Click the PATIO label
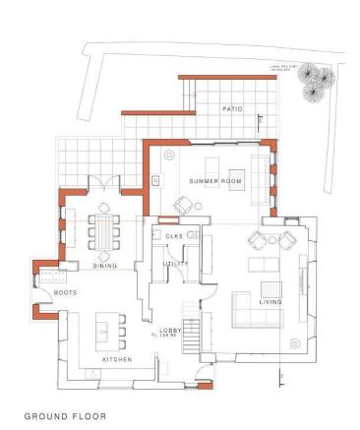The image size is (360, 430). [x=232, y=108]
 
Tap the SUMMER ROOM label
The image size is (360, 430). [x=213, y=182]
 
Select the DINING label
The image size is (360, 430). [x=105, y=266]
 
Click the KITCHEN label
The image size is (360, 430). [x=117, y=360]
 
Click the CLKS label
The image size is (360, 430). [x=174, y=237]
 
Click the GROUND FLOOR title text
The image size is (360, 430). [x=66, y=416]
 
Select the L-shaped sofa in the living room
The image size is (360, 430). [x=247, y=309]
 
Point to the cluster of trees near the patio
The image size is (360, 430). [x=316, y=82]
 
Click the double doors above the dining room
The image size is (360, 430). [x=103, y=185]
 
